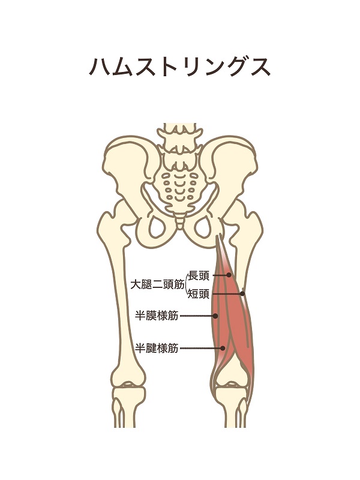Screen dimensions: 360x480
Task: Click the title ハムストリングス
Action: pyautogui.click(x=179, y=67)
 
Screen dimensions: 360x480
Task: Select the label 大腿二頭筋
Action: pyautogui.click(x=157, y=285)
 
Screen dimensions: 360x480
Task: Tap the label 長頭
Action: pyautogui.click(x=199, y=275)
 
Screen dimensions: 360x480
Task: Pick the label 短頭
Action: pyautogui.click(x=199, y=294)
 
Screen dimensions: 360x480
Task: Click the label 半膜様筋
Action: pyautogui.click(x=157, y=316)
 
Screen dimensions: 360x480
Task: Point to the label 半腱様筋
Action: pyautogui.click(x=157, y=348)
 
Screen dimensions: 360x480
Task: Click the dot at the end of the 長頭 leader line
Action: pyautogui.click(x=229, y=275)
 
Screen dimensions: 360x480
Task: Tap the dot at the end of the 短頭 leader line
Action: pyautogui.click(x=242, y=293)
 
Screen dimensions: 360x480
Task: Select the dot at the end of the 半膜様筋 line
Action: pyautogui.click(x=215, y=316)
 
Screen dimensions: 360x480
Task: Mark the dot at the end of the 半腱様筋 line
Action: pyautogui.click(x=223, y=348)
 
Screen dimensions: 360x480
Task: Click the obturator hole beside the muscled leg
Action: pyautogui.click(x=203, y=227)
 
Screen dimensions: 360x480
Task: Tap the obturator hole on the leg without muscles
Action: pyautogui.click(x=157, y=227)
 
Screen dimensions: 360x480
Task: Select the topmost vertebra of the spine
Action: pyautogui.click(x=179, y=131)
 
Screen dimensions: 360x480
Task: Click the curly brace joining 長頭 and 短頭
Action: pyautogui.click(x=187, y=285)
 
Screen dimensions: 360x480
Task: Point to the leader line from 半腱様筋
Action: pyautogui.click(x=201, y=348)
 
